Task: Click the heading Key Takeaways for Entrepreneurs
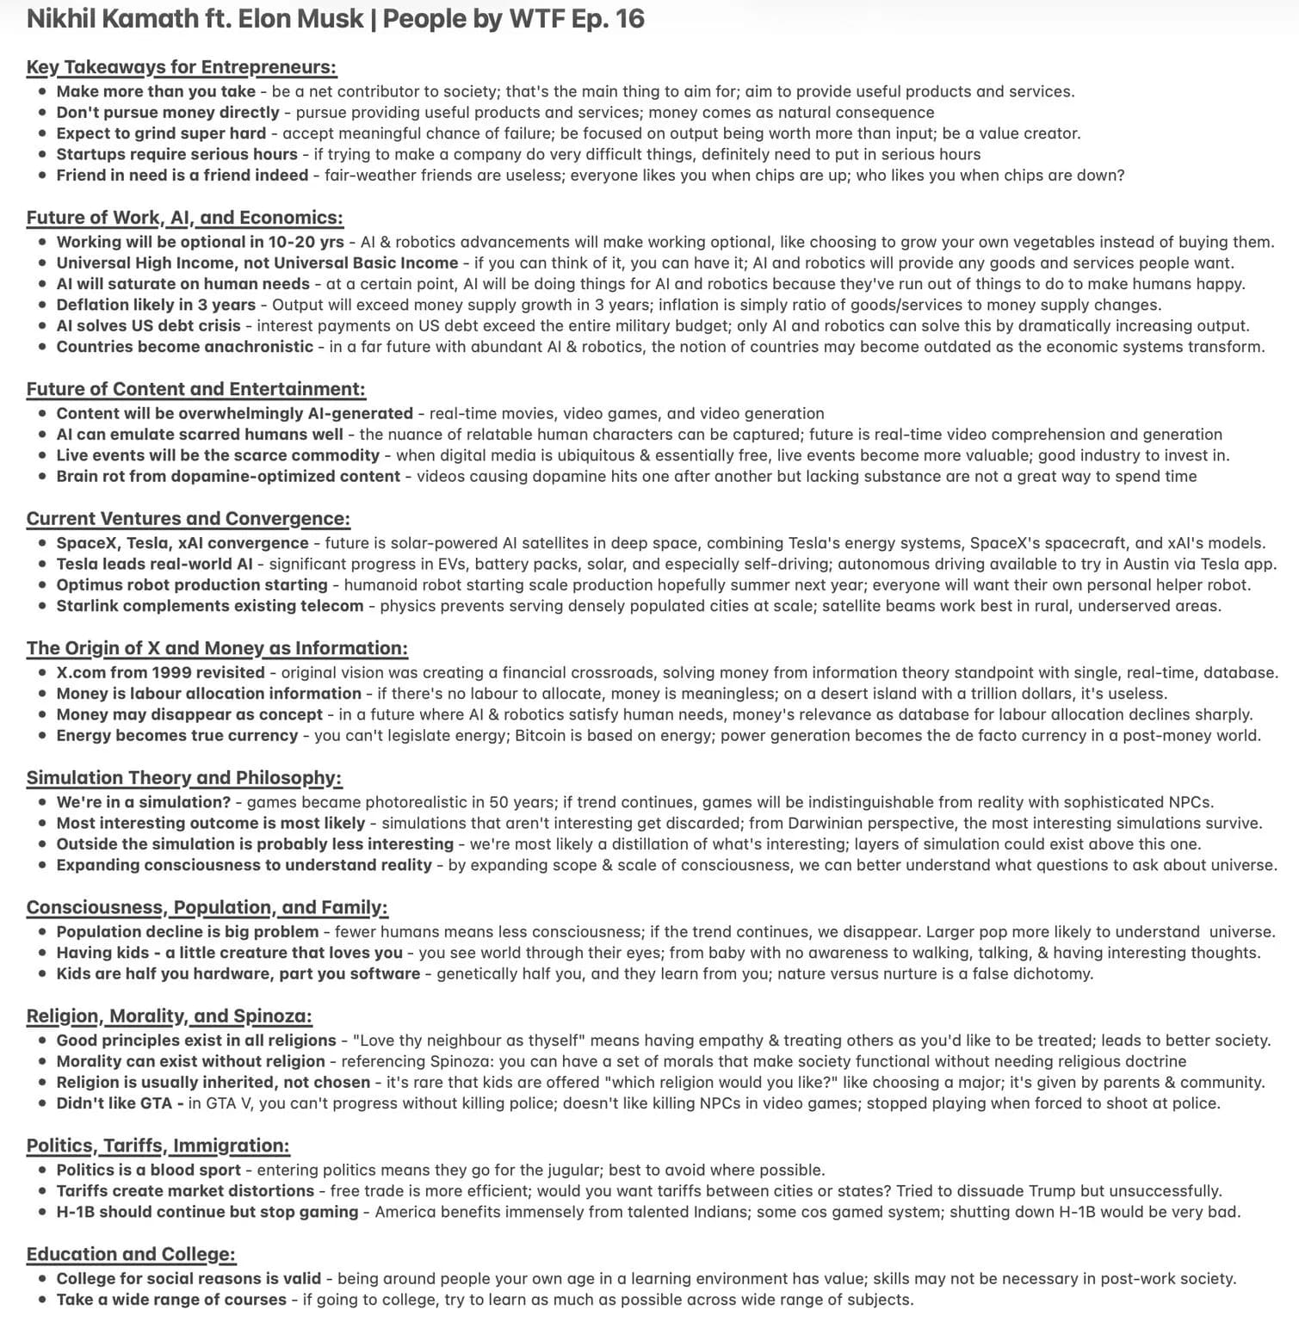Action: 181,67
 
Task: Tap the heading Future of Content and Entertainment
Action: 195,389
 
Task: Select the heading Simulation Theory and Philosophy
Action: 183,778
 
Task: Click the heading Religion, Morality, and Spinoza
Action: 169,1016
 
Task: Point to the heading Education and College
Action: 131,1254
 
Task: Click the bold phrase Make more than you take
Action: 156,91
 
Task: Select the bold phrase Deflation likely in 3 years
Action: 156,305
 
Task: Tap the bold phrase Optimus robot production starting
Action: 192,585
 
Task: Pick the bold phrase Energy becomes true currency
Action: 177,736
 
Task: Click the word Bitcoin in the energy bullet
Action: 541,736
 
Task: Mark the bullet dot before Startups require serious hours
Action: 43,155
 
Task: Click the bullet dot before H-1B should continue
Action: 43,1213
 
